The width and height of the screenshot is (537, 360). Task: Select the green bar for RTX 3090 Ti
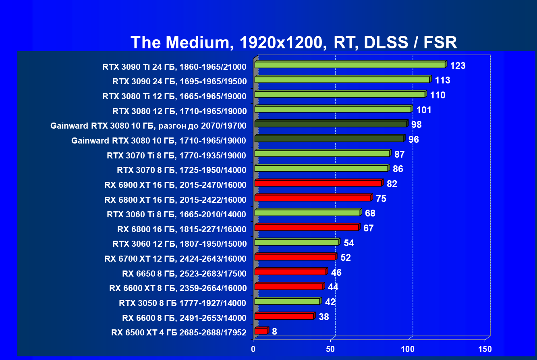(x=350, y=65)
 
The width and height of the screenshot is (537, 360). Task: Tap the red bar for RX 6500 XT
(x=261, y=331)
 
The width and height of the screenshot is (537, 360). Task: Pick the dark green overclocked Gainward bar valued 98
(x=330, y=124)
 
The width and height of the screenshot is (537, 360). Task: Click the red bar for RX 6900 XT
(x=318, y=183)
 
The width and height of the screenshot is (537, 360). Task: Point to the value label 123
(x=458, y=66)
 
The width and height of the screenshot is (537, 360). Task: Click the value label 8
(x=274, y=331)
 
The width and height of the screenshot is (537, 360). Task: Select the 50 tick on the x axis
(x=331, y=349)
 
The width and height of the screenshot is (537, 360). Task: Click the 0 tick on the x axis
(x=253, y=349)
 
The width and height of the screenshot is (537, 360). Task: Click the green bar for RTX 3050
(x=287, y=302)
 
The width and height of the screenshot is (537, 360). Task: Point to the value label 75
(x=381, y=199)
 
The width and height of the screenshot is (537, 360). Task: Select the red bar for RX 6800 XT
(x=313, y=198)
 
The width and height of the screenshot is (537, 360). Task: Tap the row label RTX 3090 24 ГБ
(x=179, y=81)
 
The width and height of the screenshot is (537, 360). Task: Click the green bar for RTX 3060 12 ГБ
(x=296, y=242)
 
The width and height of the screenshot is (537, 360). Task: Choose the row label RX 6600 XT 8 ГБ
(x=178, y=288)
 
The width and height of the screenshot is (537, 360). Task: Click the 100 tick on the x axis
(x=408, y=349)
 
